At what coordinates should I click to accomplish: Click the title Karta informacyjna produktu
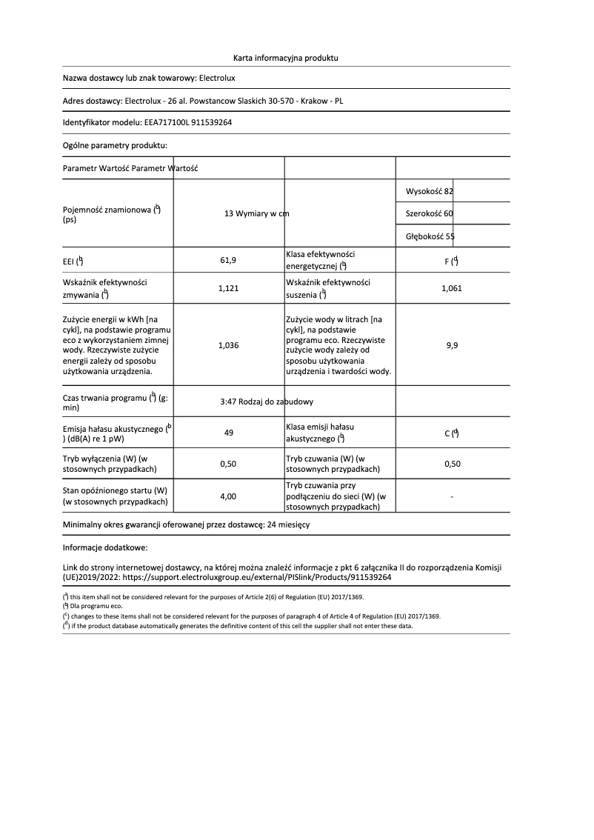[x=285, y=57]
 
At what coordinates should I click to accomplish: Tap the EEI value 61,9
[x=228, y=260]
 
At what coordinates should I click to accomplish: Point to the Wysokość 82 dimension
[x=429, y=191]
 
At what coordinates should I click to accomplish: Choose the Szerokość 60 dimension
[x=429, y=213]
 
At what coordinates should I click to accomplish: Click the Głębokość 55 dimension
[x=430, y=236]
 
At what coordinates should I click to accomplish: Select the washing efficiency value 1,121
[x=228, y=289]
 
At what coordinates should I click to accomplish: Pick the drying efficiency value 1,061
[x=451, y=289]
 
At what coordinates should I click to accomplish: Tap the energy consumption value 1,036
[x=228, y=345]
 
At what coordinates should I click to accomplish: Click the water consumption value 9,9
[x=452, y=345]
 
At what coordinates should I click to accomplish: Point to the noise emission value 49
[x=228, y=433]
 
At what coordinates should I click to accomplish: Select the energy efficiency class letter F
[x=447, y=261]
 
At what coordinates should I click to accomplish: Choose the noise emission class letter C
[x=447, y=434]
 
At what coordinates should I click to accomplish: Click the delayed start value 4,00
[x=228, y=496]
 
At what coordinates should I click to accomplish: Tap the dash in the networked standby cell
[x=452, y=496]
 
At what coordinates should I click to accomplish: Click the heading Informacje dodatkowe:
[x=105, y=547]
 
